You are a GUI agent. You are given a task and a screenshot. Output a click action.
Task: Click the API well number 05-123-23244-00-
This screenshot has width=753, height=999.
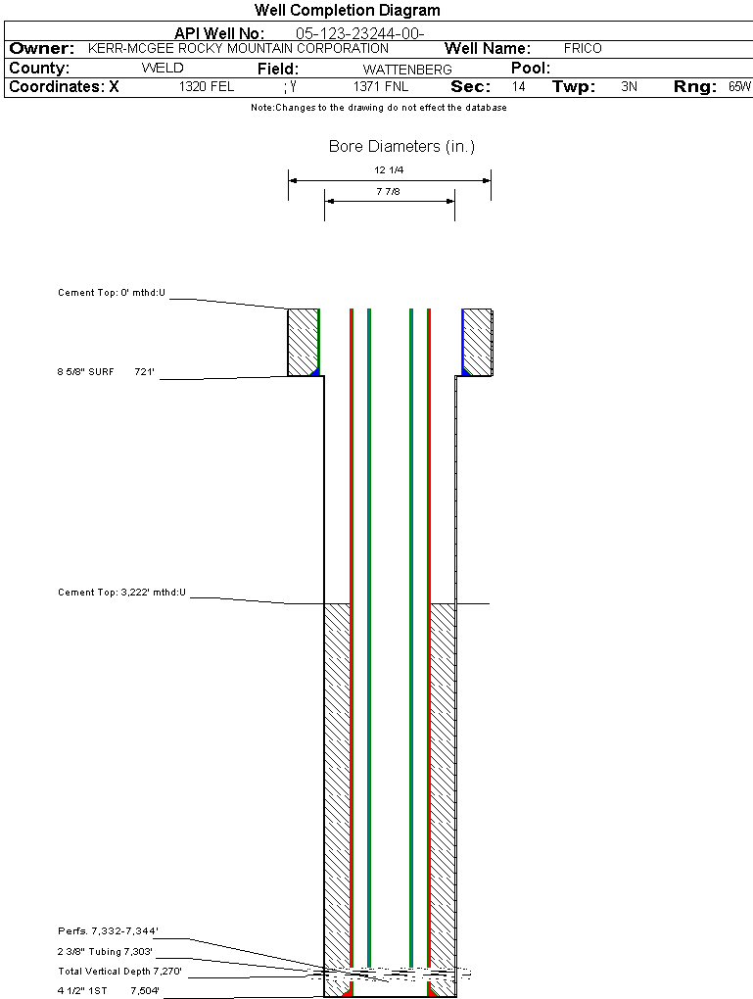click(x=360, y=33)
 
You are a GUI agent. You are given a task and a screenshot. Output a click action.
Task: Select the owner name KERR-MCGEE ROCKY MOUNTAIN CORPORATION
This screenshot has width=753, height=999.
click(x=238, y=48)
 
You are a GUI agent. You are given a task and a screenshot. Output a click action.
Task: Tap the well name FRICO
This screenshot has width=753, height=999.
click(x=583, y=48)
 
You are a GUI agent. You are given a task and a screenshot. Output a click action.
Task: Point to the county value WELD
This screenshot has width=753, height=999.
click(x=163, y=69)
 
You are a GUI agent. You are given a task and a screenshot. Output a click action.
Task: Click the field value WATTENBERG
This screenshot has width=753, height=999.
click(x=407, y=70)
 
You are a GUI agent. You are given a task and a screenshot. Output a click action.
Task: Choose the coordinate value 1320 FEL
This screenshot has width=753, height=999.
click(x=207, y=86)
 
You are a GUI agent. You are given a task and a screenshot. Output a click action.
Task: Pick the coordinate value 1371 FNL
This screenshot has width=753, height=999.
click(x=381, y=86)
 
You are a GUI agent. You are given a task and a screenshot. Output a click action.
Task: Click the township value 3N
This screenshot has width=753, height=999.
click(x=630, y=86)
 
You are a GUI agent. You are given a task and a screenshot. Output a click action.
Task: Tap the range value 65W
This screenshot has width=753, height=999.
click(x=740, y=86)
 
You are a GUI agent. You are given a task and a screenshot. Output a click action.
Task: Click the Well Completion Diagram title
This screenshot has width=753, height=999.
click(x=348, y=10)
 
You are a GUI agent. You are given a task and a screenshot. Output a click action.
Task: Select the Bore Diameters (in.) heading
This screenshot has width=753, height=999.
click(x=402, y=147)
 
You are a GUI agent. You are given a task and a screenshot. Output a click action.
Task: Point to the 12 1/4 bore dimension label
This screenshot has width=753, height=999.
click(x=389, y=170)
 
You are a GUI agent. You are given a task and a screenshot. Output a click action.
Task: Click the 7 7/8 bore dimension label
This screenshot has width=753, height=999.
click(x=388, y=191)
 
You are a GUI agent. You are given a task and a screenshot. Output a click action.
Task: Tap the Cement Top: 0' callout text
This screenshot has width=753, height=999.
click(x=112, y=293)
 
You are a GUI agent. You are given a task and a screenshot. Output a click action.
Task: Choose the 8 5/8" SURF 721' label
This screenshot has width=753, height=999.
click(x=106, y=371)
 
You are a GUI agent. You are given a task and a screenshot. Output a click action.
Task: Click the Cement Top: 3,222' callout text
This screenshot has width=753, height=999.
click(x=121, y=592)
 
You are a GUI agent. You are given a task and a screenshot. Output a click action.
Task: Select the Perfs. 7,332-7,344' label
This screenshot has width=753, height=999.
click(x=108, y=930)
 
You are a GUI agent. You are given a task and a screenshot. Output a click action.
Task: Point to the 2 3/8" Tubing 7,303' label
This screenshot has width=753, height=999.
click(x=105, y=951)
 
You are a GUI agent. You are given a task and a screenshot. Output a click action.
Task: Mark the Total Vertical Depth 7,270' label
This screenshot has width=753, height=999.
click(x=119, y=971)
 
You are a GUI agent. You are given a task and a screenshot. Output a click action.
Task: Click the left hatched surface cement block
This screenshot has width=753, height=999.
click(x=303, y=342)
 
